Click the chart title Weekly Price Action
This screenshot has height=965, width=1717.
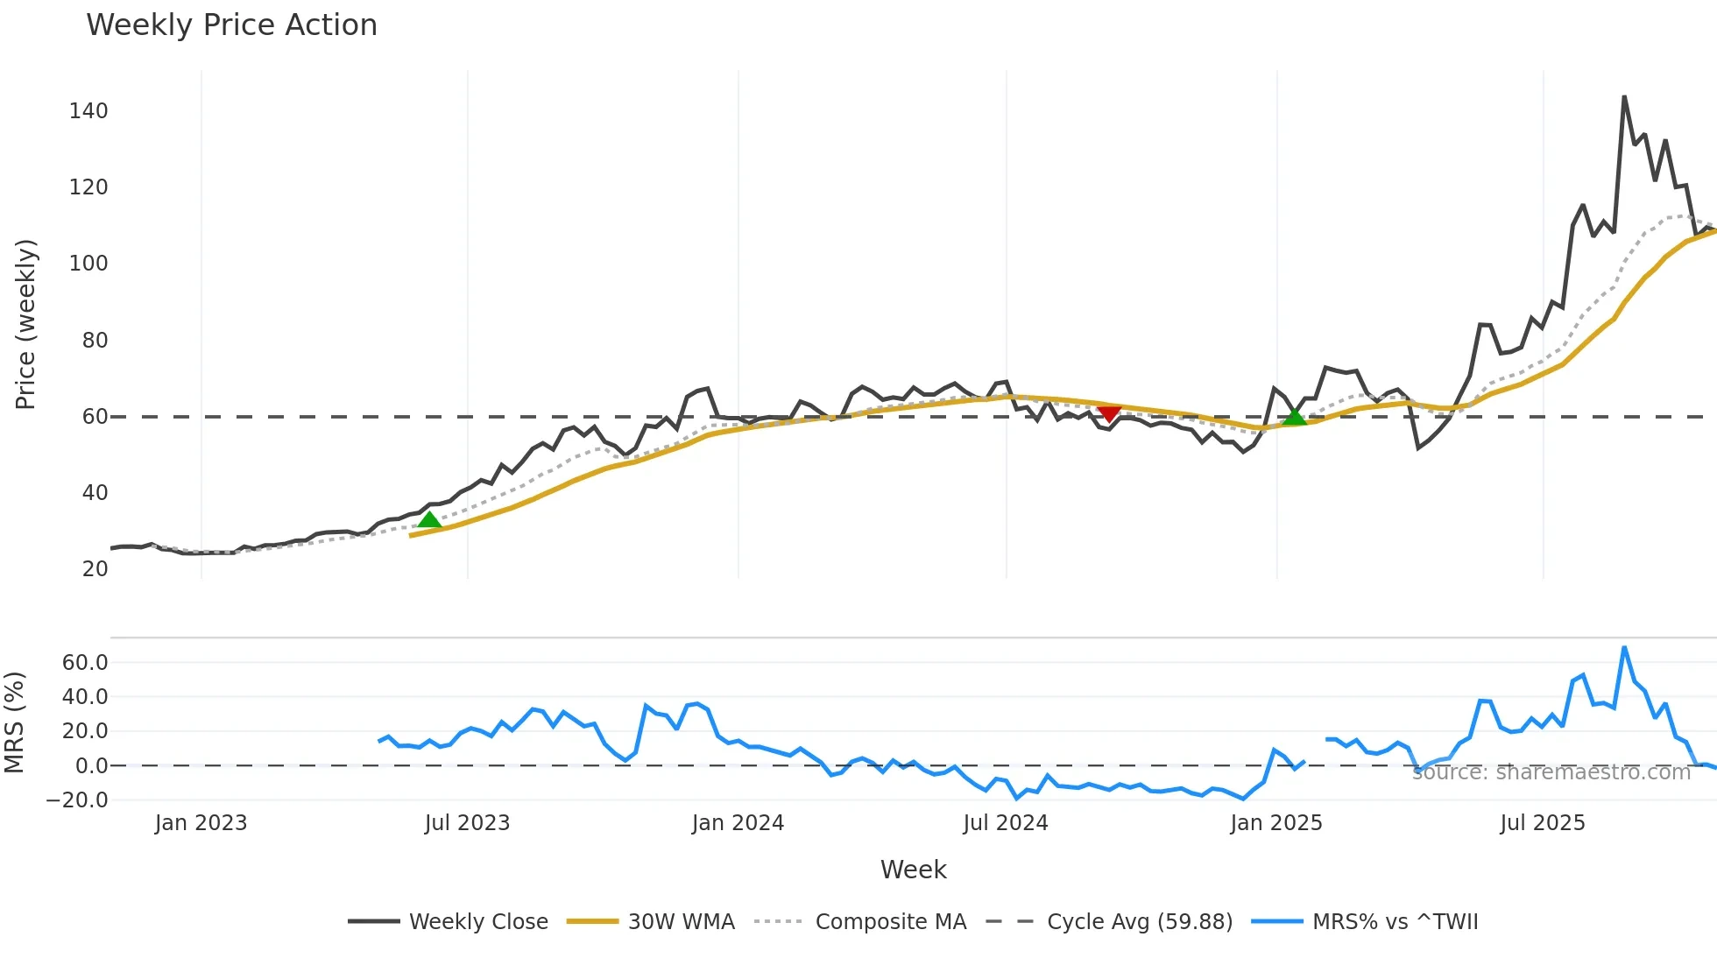(231, 25)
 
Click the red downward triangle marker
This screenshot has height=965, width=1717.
(1109, 412)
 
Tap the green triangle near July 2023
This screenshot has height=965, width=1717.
(429, 520)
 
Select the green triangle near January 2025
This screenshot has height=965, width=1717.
(1294, 417)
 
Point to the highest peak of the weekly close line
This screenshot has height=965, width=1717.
(1624, 97)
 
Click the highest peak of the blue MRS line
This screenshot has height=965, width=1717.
(1624, 648)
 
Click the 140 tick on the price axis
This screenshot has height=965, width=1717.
(88, 111)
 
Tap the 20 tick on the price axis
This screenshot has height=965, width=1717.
(95, 569)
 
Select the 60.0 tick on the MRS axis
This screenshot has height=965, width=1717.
(85, 663)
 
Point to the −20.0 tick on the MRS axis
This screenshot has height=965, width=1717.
(77, 800)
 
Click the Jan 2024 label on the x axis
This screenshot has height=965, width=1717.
(738, 823)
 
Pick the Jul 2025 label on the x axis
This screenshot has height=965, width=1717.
(1543, 823)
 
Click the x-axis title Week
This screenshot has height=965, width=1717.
(913, 870)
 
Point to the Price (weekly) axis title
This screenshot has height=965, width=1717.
(25, 324)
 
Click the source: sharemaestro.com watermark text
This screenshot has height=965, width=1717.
(1551, 772)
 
